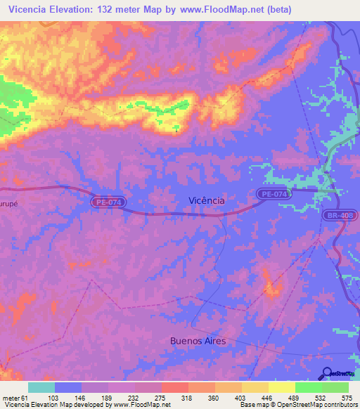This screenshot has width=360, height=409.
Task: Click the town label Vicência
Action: [x=207, y=200]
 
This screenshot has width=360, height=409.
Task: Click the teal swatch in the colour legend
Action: [x=41, y=387]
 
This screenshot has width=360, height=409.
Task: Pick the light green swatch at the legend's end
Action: [x=335, y=387]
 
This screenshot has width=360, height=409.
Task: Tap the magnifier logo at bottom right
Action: [x=327, y=373]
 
